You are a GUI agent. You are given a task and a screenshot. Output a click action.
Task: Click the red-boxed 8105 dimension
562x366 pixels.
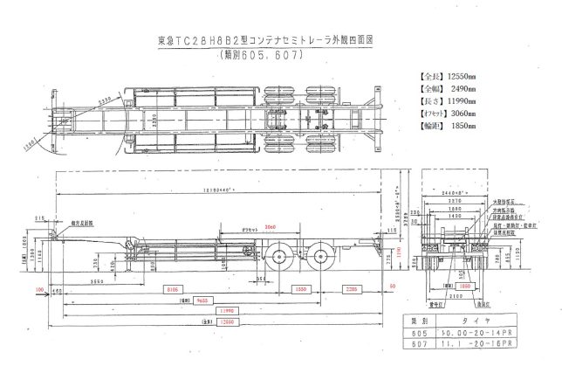173,287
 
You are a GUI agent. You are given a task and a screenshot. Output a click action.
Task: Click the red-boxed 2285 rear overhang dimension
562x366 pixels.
349,287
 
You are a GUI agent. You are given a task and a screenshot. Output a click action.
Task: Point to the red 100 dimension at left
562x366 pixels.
39,287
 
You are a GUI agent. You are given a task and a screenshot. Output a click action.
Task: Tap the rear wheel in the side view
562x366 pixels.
322,256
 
